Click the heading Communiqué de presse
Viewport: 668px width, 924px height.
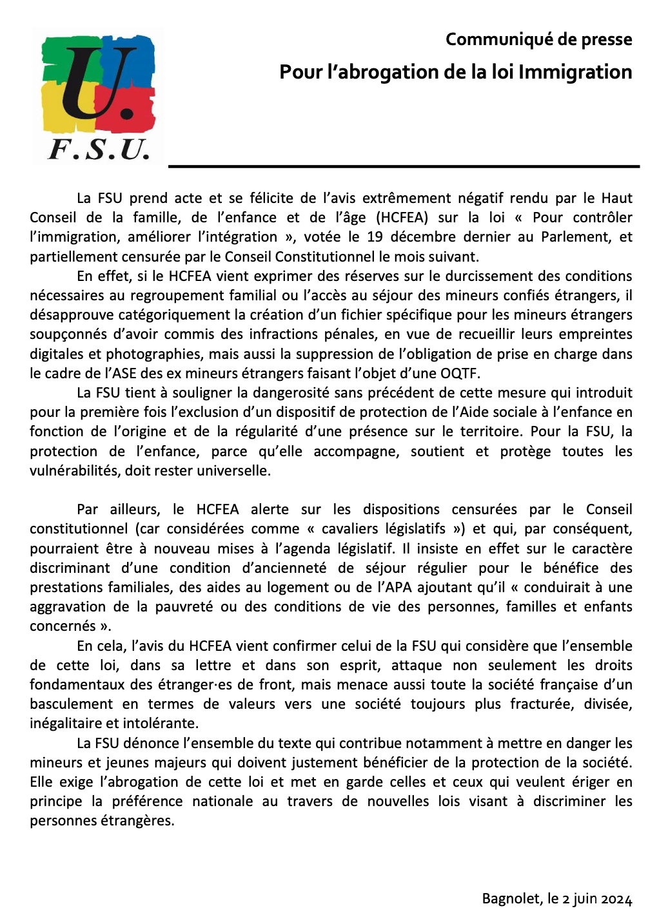click(538, 40)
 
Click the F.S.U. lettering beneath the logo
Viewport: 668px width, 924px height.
click(99, 149)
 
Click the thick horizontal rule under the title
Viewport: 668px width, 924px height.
click(404, 166)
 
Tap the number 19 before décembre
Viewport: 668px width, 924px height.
click(375, 237)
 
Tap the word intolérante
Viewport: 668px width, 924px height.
click(161, 724)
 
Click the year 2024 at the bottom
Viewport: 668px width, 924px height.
click(616, 899)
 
